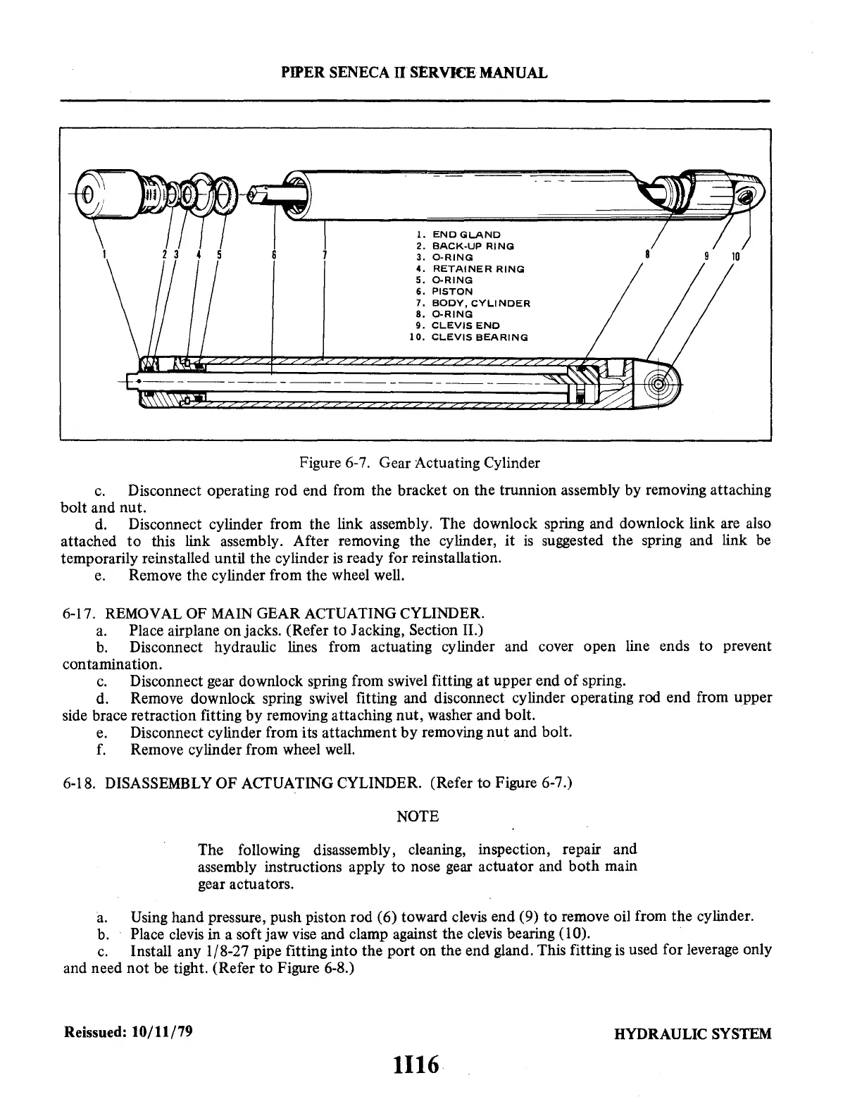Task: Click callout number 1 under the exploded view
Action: coord(105,254)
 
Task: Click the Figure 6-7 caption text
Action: coord(420,463)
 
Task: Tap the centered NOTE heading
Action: coord(418,817)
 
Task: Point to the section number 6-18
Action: coord(80,783)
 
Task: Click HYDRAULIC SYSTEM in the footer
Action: coord(692,1034)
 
